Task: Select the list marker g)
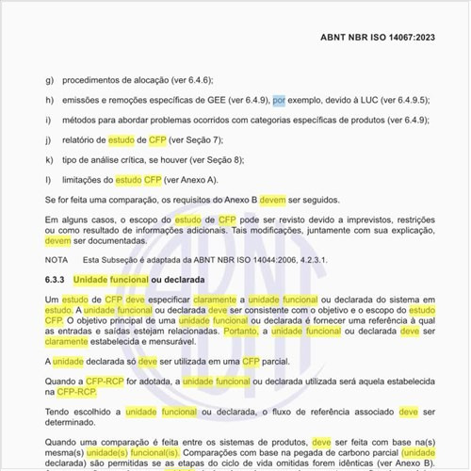tap(49, 80)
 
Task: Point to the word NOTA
tap(57, 259)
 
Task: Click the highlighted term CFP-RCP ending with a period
tap(75, 391)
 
